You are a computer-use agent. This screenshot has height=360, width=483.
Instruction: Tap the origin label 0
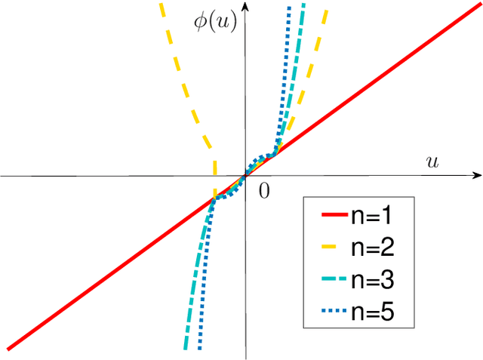264,191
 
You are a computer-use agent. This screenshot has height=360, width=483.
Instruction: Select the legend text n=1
369,219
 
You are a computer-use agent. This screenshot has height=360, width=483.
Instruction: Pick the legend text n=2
369,250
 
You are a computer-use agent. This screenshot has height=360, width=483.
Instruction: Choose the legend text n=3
369,280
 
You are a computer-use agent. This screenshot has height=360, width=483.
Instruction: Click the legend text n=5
369,310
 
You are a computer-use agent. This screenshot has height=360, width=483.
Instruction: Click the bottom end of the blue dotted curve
199,348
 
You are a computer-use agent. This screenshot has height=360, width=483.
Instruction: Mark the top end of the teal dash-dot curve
303,6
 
